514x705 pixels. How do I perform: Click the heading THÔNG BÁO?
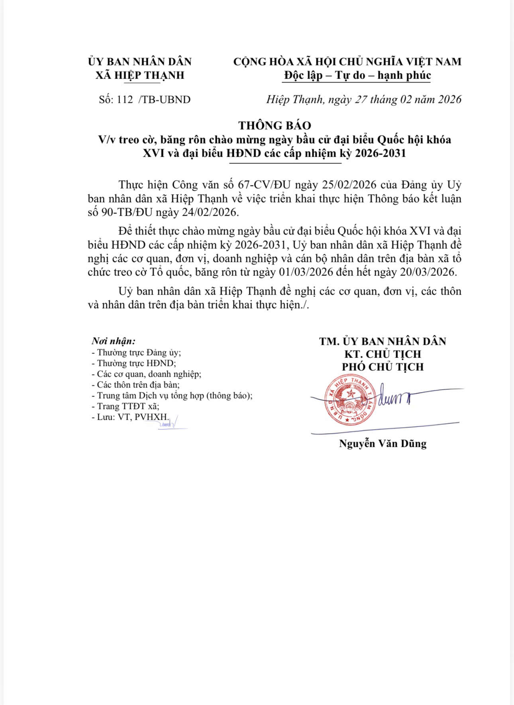pyautogui.click(x=275, y=126)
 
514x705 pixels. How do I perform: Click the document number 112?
pyautogui.click(x=125, y=100)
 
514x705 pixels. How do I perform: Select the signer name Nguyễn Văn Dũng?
pyautogui.click(x=383, y=444)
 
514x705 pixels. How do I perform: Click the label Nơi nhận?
pyautogui.click(x=114, y=341)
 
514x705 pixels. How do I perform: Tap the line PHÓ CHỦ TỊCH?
pyautogui.click(x=383, y=367)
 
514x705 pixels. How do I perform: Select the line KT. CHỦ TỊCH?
pyautogui.click(x=383, y=354)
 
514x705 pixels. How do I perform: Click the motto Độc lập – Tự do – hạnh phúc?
pyautogui.click(x=357, y=75)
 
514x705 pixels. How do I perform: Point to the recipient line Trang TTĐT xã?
pyautogui.click(x=126, y=407)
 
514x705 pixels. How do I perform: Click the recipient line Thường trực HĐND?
pyautogui.click(x=134, y=363)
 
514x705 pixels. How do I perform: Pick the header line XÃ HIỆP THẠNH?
pyautogui.click(x=140, y=75)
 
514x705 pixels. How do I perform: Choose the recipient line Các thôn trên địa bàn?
pyautogui.click(x=136, y=385)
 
